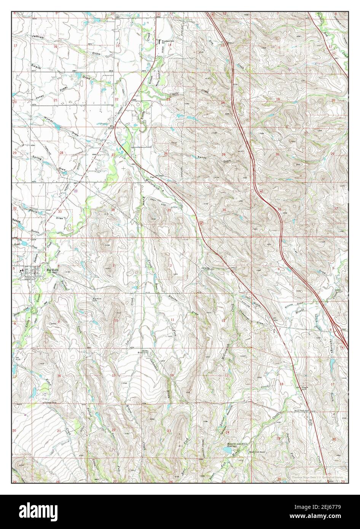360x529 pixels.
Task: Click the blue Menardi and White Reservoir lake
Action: click(x=227, y=451)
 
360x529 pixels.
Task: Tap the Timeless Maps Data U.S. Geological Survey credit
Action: click(x=319, y=476)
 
